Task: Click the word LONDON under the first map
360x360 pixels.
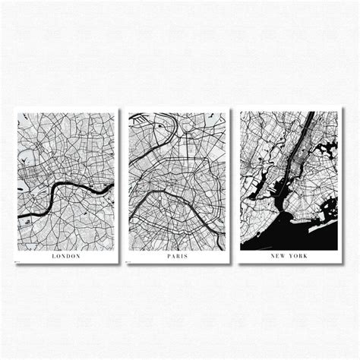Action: [67, 256]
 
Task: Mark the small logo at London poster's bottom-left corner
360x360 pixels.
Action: [20, 261]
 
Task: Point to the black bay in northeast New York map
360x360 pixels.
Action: [328, 150]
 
